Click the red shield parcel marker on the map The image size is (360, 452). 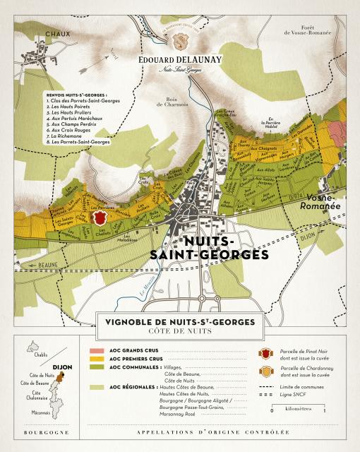coord(99,218)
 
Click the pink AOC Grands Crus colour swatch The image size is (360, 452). coord(96,350)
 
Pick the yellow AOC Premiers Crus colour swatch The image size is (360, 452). coord(96,359)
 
